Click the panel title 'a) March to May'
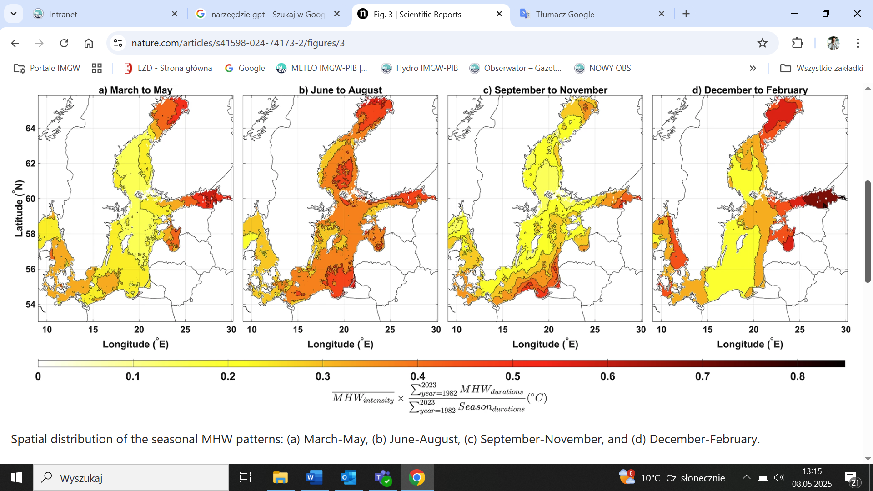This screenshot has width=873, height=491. pos(135,90)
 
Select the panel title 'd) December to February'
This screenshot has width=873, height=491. pos(750,90)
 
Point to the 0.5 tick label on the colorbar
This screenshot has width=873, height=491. pos(512,376)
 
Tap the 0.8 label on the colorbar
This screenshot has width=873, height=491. pos(797,376)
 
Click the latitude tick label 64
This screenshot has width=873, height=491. pos(30,129)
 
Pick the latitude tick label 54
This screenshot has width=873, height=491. pos(30,305)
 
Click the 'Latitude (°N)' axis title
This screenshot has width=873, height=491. pos(19,208)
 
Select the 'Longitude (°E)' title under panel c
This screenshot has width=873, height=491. pos(545,344)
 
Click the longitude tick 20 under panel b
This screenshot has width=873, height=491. pos(344,330)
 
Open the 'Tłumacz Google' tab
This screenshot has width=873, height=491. pos(565,14)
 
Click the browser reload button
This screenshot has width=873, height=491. pos(64,43)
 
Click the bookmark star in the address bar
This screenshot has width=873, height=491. pos(762,43)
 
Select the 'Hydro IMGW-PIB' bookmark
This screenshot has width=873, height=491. pos(426,68)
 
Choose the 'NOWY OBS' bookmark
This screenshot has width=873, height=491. pos(609,68)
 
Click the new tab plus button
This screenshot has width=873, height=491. pos(686,14)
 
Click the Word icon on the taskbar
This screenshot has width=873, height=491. pos(314,477)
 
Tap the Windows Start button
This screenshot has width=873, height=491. pos(16,477)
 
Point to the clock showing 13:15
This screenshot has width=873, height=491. pos(812,471)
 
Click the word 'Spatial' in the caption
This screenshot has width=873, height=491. pos(30,439)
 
